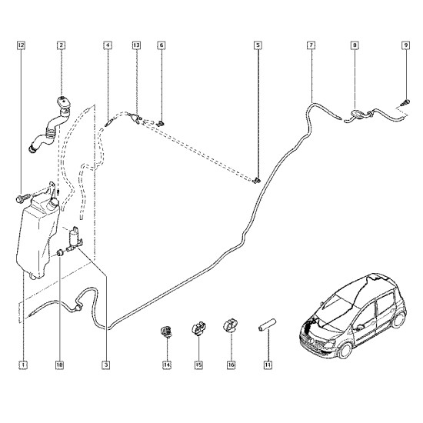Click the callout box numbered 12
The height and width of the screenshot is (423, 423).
pos(21,45)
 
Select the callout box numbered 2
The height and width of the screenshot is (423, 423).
pos(62,45)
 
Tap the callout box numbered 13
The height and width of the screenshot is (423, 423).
pos(136,45)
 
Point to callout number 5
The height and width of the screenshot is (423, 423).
pos(258,45)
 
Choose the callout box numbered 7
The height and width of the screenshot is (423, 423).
pos(311,45)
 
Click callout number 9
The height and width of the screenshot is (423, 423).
pos(406,45)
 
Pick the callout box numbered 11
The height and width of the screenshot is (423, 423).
pos(268,365)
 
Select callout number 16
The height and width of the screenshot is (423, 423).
pos(231,365)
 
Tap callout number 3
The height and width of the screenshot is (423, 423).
pos(106,365)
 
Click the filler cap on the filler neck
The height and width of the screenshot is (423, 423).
pos(64,103)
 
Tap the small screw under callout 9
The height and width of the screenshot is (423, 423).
pos(405,102)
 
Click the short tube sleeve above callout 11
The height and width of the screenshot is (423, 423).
pos(267,325)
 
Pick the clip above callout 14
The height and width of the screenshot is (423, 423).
pos(166,331)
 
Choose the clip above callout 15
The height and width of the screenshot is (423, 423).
pos(198,328)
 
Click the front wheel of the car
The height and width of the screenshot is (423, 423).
pos(345,351)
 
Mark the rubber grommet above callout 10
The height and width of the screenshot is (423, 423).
pos(60,253)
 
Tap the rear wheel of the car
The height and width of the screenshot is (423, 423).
pos(398,320)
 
